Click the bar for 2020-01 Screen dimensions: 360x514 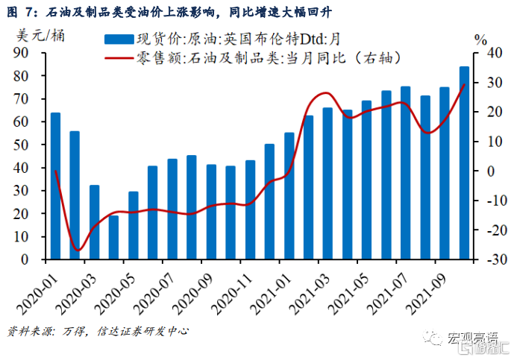pyautogui.click(x=55, y=186)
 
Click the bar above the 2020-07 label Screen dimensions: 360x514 pyautogui.click(x=172, y=209)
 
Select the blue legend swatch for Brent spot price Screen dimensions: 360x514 pyautogui.click(x=119, y=40)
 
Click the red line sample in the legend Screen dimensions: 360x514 pyautogui.click(x=119, y=57)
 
